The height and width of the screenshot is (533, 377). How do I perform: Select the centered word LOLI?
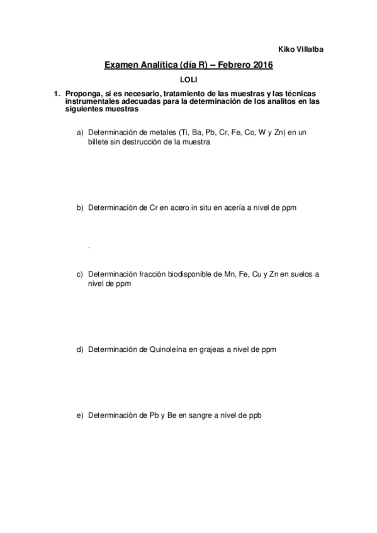tap(189, 80)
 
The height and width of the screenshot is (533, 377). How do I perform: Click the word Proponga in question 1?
tap(81, 94)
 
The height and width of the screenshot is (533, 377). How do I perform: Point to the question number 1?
tap(56, 94)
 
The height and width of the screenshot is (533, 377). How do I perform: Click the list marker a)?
tap(79, 133)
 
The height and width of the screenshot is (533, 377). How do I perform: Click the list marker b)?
tap(79, 207)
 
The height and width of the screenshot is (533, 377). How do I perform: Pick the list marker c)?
tap(79, 274)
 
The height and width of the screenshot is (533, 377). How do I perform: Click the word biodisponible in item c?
tap(182, 274)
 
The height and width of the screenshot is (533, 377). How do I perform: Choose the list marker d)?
tap(79, 349)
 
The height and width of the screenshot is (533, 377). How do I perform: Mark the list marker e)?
tap(79, 415)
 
